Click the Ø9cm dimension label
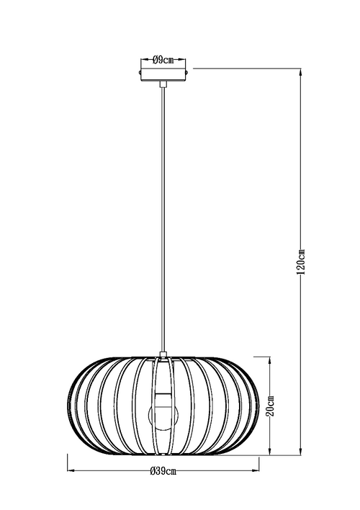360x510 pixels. coord(164,60)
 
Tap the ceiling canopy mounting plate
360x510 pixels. coord(164,74)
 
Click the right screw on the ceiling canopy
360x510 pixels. coord(189,73)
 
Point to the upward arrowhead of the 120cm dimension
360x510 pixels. coord(301,71)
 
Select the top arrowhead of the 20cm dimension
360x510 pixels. coord(270,360)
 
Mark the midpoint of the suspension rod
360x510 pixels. coord(164,216)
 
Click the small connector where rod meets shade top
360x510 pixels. coord(164,353)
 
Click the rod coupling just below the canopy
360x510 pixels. coord(164,86)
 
